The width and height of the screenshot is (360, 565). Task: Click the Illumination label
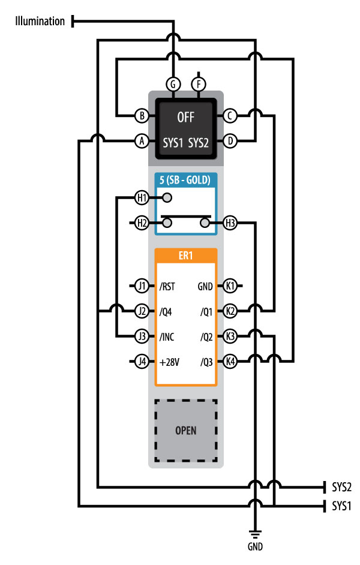(x=40, y=22)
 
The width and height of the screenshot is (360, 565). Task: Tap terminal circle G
(x=173, y=85)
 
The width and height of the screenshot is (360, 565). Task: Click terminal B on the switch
(x=142, y=115)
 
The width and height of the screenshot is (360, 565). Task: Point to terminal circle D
(x=230, y=142)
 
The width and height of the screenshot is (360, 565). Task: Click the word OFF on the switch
(x=186, y=116)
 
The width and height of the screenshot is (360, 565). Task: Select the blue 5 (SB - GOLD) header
(x=186, y=179)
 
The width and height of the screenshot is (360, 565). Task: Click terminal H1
(x=141, y=197)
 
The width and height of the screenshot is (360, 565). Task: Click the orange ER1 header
(x=186, y=255)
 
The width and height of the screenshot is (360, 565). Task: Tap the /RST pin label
(x=167, y=286)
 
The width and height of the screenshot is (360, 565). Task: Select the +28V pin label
(x=170, y=362)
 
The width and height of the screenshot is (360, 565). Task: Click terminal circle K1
(x=230, y=286)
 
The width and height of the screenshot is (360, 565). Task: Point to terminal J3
(x=142, y=336)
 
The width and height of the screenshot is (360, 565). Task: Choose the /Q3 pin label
(x=206, y=362)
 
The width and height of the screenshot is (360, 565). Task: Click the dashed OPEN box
(x=186, y=430)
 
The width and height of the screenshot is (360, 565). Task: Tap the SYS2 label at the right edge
(x=341, y=486)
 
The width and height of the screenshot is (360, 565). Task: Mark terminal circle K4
(x=230, y=362)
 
